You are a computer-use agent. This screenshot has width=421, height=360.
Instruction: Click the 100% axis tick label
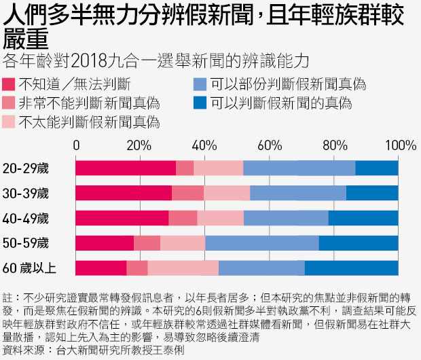[400, 145]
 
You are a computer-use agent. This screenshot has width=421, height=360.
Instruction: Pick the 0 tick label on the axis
[76, 145]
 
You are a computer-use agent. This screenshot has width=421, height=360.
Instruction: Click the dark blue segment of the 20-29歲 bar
[377, 168]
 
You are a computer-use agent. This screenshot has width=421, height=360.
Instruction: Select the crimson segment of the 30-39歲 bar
[123, 193]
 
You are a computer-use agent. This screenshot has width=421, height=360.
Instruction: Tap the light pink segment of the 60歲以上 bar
[183, 267]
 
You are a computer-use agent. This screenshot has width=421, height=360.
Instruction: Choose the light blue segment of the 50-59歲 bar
[261, 242]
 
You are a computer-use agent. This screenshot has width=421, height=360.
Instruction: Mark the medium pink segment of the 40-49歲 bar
[183, 218]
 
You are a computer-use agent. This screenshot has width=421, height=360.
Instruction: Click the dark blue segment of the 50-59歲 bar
[359, 242]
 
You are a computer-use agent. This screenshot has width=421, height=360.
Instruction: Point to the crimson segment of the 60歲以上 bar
[100, 267]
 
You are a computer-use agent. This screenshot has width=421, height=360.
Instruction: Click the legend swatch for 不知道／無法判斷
[10, 85]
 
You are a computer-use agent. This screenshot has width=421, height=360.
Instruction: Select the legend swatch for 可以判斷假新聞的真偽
[200, 104]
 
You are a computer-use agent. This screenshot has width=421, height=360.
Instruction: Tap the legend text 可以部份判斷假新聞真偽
[288, 85]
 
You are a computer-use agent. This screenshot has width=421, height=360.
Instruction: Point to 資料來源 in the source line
[20, 351]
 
